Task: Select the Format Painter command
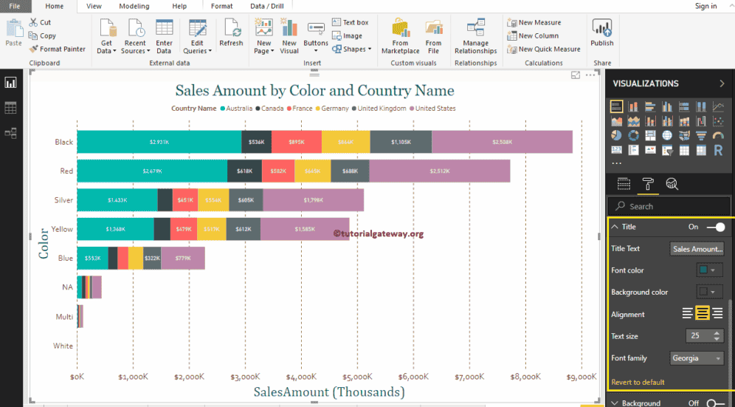[x=58, y=49]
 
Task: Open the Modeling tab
[x=134, y=6]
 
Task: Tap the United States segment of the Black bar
[x=502, y=142]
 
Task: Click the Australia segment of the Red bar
[x=152, y=171]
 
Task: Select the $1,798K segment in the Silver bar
[x=313, y=199]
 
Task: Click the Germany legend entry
[x=334, y=109]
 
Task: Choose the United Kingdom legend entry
[x=382, y=109]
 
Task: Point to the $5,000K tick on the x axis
[x=356, y=377]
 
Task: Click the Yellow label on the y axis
[x=62, y=229]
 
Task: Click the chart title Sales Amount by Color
[x=314, y=91]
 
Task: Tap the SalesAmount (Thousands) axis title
[x=329, y=392]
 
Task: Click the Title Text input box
[x=697, y=249]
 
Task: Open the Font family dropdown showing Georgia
[x=697, y=358]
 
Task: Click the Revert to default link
[x=638, y=382]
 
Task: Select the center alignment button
[x=702, y=314]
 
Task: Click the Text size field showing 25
[x=697, y=336]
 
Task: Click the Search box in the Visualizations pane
[x=669, y=206]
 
